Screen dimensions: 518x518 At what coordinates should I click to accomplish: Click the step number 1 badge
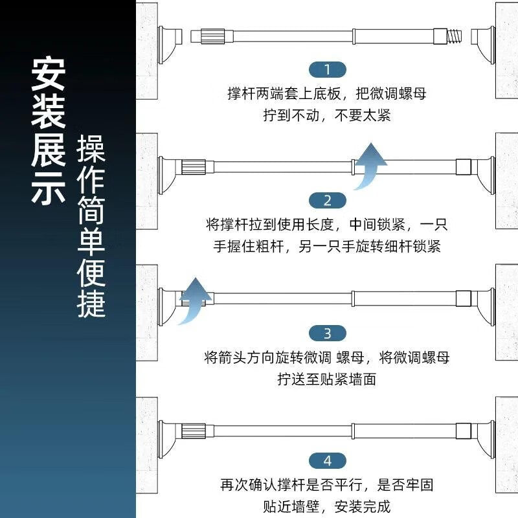pos(328,70)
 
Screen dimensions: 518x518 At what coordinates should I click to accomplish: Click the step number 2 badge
pos(328,201)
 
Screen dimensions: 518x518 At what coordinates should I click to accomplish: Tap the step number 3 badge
pos(328,333)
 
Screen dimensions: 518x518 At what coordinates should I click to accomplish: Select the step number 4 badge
pos(328,461)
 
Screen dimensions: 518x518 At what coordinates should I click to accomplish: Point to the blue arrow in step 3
pos(194,300)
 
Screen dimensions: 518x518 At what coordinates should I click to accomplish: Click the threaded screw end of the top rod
pos(455,36)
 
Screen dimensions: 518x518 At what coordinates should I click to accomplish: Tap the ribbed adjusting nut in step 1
pos(212,36)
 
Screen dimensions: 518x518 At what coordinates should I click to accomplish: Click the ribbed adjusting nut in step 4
pos(194,431)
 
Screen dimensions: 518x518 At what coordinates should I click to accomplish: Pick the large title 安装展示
pos(48,131)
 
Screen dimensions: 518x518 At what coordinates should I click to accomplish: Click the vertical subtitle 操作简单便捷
pos(91,226)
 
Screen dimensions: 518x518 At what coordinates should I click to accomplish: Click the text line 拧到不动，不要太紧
pos(327,115)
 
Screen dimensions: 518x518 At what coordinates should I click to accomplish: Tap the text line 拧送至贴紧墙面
pos(327,379)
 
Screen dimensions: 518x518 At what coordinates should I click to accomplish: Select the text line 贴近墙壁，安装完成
pos(327,506)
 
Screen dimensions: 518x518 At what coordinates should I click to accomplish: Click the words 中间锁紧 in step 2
pos(377,225)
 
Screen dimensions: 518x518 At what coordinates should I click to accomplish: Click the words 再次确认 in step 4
pos(249,485)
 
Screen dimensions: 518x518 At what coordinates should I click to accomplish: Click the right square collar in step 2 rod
pos(464,167)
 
